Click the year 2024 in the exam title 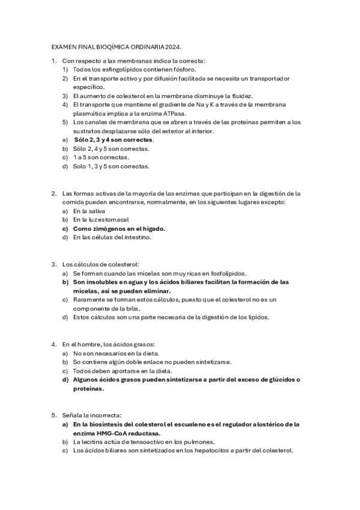pos(172,46)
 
